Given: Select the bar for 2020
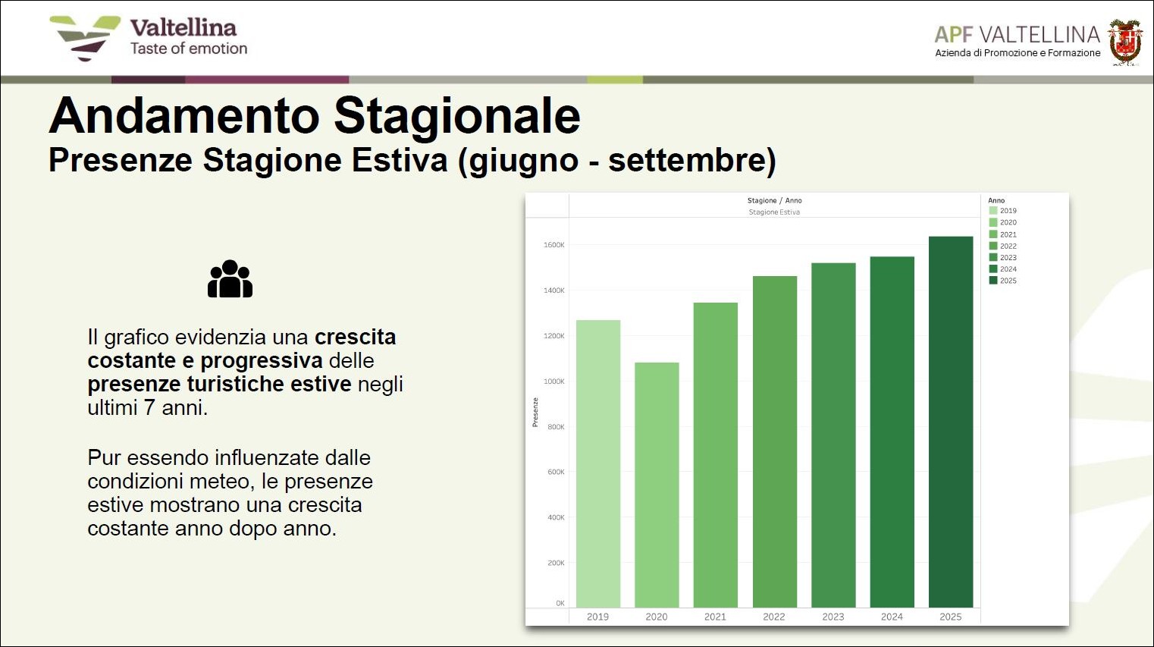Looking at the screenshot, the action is point(657,485).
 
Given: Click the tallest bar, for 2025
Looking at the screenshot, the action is point(951,422).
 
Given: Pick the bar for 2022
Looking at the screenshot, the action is point(774,441).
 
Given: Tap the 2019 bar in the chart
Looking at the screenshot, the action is point(597,464).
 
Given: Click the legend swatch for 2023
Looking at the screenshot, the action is point(993,257).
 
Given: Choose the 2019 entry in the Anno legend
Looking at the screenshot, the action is point(1002,210).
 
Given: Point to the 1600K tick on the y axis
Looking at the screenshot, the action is point(553,245).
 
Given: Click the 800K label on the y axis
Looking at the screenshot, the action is point(556,427).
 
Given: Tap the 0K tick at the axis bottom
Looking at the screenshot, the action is point(560,603).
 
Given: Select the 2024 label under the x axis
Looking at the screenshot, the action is point(892,617).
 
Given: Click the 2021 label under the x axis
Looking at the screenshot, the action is point(715,617).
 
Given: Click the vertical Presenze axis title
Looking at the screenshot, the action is point(535,413).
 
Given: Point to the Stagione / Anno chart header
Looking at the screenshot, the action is point(774,200).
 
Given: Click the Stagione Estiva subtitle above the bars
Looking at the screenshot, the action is point(774,212).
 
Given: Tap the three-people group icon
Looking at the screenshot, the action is point(230,279).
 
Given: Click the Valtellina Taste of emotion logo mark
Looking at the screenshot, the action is point(85,38).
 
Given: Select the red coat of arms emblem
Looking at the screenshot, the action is point(1125,42).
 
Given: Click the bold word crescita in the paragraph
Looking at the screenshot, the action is point(356,338).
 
